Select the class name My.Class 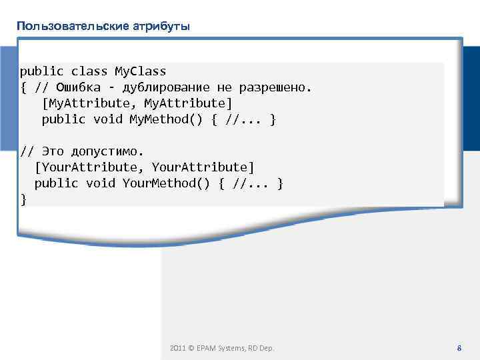[140, 71]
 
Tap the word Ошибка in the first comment [79, 87]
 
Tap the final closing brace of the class [24, 199]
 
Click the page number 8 [459, 348]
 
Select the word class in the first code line [89, 71]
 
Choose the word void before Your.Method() [100, 183]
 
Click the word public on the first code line [42, 71]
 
